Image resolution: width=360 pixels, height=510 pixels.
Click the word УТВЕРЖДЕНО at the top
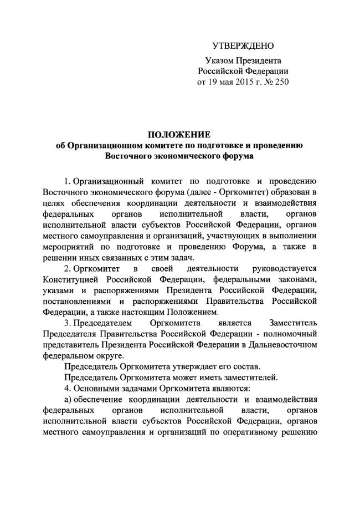[243, 45]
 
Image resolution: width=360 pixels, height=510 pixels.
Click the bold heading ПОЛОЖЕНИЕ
[179, 134]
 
